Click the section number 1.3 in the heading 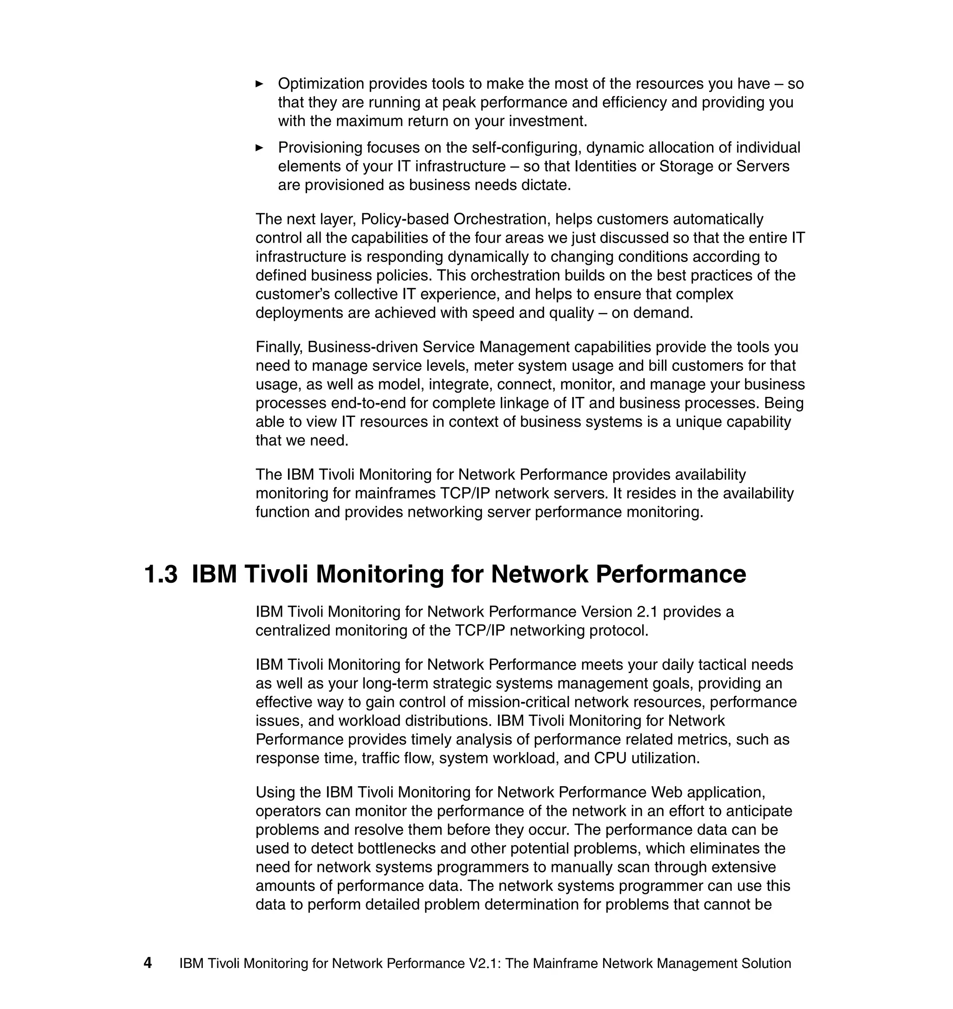tap(161, 575)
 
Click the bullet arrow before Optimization tap(259, 84)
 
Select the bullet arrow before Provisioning tap(259, 148)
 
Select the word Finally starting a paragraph tap(279, 347)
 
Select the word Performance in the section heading tap(671, 575)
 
